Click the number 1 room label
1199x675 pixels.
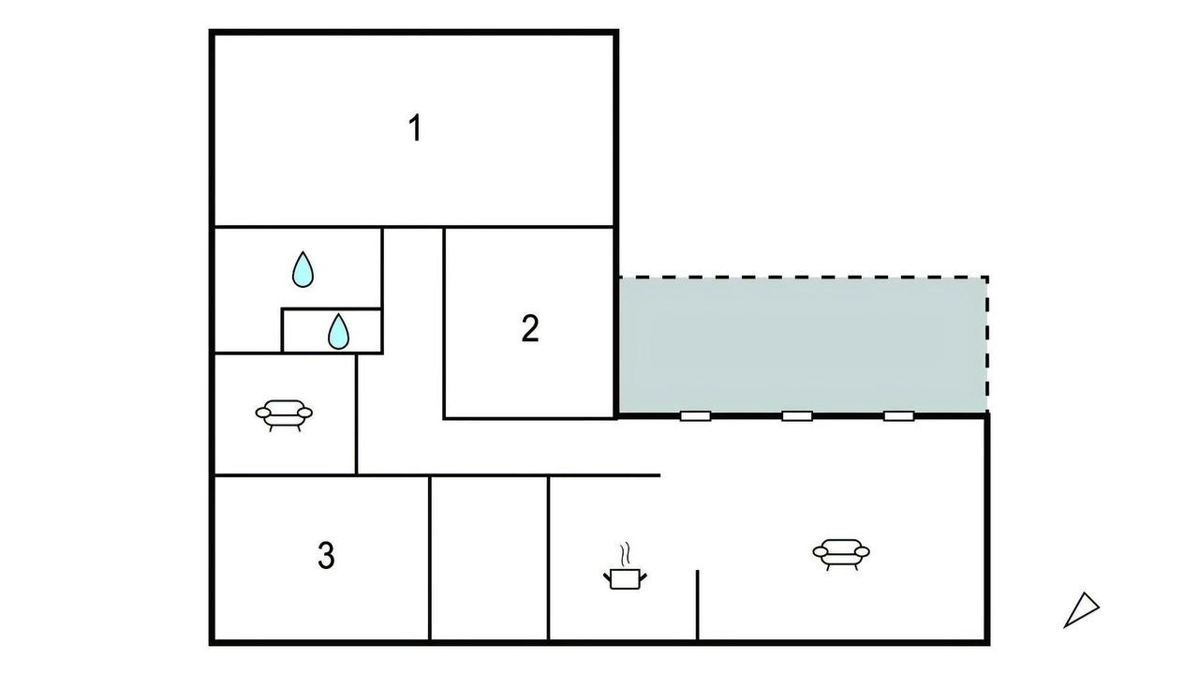click(x=415, y=127)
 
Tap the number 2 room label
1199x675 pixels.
click(x=530, y=328)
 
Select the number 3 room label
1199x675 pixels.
click(x=326, y=555)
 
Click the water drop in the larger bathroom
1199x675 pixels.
click(x=303, y=269)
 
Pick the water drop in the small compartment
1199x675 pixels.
click(x=338, y=332)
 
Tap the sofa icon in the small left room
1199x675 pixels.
click(x=284, y=415)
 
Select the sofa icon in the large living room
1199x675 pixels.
click(x=841, y=554)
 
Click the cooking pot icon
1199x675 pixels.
click(x=625, y=579)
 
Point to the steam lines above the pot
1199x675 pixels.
click(x=625, y=554)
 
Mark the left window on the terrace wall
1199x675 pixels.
click(x=695, y=415)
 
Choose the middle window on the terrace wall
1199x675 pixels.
click(x=797, y=415)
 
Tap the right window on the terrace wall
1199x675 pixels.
click(x=898, y=415)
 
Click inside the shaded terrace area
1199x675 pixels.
click(x=803, y=345)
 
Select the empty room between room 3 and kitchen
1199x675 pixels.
click(x=489, y=558)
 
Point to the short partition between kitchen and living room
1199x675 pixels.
click(x=698, y=605)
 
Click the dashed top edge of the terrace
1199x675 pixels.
click(x=804, y=277)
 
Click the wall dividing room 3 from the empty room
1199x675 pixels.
click(x=429, y=558)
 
